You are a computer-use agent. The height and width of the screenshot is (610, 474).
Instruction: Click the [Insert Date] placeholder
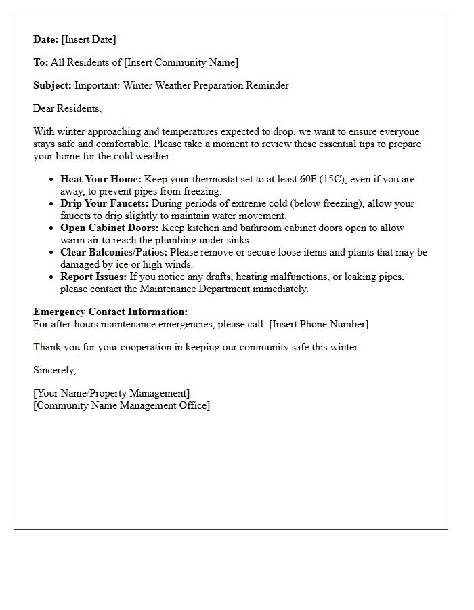tap(89, 39)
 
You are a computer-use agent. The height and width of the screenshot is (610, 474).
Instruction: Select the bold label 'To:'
tap(41, 62)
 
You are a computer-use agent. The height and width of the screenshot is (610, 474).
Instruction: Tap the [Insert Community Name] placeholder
tap(181, 62)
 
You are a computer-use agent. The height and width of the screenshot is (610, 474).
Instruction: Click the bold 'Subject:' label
tap(52, 85)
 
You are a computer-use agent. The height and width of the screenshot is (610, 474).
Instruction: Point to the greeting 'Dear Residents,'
tap(67, 108)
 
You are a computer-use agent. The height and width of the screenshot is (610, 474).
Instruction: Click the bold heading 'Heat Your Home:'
tap(101, 179)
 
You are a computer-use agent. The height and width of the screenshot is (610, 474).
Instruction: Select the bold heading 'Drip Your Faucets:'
tap(104, 203)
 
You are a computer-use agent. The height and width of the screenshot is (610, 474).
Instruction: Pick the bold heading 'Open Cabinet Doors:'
tap(109, 228)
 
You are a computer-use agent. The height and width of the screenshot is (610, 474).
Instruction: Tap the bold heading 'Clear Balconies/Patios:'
tap(114, 252)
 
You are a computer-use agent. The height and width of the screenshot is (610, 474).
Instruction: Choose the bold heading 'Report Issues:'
tap(93, 277)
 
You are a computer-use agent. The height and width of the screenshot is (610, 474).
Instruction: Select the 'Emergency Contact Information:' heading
tap(110, 312)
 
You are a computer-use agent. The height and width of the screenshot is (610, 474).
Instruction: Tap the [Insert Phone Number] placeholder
tap(318, 324)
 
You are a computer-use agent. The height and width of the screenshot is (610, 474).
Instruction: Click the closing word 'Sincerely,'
tap(55, 370)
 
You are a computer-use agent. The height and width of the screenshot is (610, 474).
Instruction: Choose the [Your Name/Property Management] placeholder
tap(111, 393)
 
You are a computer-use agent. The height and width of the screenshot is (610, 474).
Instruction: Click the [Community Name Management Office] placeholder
tap(121, 405)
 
